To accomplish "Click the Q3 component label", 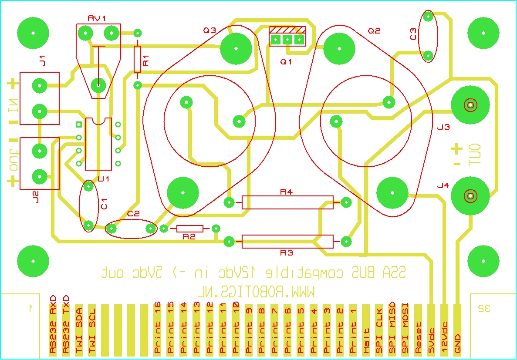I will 210,30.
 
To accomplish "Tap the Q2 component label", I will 374,30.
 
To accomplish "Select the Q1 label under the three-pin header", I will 286,62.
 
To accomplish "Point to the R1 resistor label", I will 146,61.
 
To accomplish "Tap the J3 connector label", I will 443,127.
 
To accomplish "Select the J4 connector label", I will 443,186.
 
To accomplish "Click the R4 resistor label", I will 286,192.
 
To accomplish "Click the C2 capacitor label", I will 134,214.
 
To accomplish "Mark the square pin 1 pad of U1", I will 79,124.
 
